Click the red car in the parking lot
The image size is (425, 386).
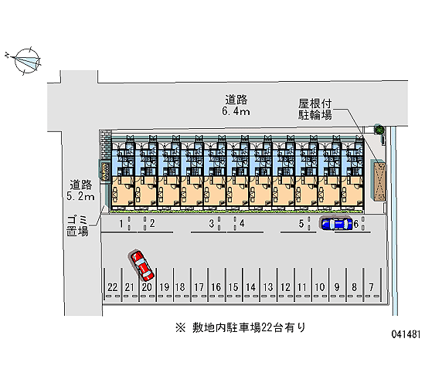[142, 266]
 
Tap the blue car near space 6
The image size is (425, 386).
[336, 223]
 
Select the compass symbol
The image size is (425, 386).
[26, 61]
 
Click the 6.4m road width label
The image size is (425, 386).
[236, 111]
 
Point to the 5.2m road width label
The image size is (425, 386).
[81, 196]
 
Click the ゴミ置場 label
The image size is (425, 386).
[78, 226]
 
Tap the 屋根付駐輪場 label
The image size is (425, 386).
[315, 109]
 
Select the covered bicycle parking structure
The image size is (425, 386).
[379, 180]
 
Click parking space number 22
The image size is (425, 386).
[113, 287]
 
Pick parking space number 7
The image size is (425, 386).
[371, 287]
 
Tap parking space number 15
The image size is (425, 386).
[233, 287]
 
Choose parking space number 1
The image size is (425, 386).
[121, 224]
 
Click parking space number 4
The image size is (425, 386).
[242, 223]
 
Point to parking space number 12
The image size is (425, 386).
[285, 287]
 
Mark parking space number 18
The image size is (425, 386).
[180, 287]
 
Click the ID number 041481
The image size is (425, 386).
[406, 334]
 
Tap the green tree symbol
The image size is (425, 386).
[379, 129]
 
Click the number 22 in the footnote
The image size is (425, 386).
[267, 328]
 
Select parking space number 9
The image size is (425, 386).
[337, 287]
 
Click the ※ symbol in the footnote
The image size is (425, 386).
[180, 328]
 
